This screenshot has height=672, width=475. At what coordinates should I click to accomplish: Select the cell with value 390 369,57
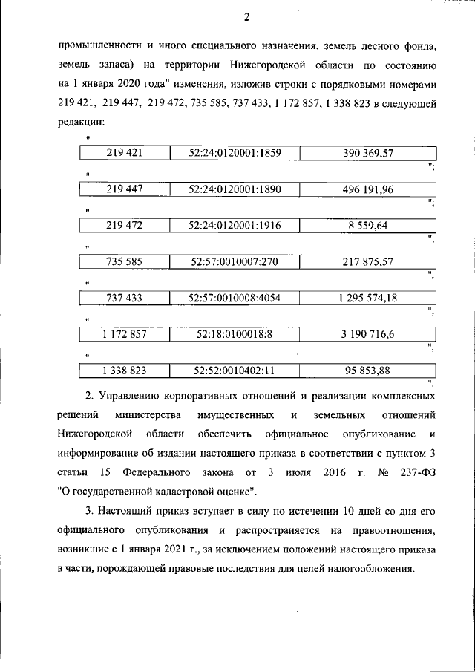(x=367, y=154)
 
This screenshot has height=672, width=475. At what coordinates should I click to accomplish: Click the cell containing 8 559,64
(x=367, y=226)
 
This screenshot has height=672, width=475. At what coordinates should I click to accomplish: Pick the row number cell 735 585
(x=124, y=262)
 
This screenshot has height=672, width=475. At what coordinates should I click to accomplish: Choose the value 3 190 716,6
(x=367, y=335)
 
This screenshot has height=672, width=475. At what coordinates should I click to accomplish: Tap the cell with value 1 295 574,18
(x=367, y=299)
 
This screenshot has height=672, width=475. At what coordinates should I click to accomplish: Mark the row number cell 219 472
(x=124, y=226)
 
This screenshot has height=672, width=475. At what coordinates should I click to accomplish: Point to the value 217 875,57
(x=367, y=262)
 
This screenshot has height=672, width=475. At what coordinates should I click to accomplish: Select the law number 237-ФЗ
(x=419, y=471)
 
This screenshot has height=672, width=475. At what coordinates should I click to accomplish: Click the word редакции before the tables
(x=80, y=122)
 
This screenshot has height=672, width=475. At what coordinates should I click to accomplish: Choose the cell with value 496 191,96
(x=367, y=189)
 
